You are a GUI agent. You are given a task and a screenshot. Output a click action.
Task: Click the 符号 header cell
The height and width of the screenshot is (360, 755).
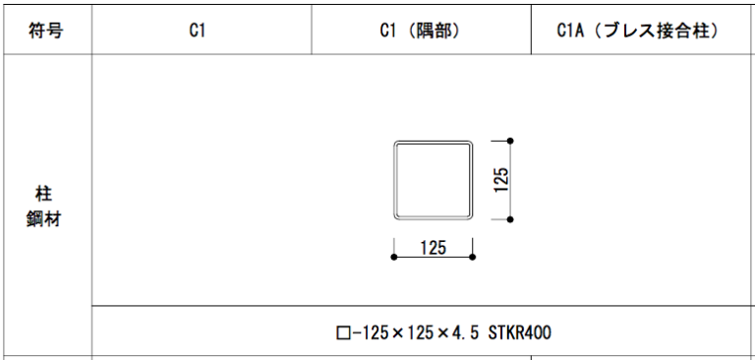coord(45,30)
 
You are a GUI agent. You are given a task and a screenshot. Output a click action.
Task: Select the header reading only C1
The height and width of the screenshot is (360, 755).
coord(198,30)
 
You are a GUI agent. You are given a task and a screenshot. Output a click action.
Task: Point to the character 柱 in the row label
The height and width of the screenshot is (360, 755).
coord(44,195)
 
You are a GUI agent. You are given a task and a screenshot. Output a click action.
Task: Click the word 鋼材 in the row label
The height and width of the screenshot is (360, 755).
coord(44,219)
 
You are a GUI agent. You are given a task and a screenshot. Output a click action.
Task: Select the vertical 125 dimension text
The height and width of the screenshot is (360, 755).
coord(501,180)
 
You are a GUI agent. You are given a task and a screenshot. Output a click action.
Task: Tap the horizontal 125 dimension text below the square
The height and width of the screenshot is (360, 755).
coord(434,247)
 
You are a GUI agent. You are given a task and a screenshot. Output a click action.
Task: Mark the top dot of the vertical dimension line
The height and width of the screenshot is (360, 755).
coord(510,141)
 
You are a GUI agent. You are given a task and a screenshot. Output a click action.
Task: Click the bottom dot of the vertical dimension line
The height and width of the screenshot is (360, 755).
coord(510,219)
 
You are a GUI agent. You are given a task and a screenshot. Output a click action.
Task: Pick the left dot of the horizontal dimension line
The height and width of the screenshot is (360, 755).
coord(394,257)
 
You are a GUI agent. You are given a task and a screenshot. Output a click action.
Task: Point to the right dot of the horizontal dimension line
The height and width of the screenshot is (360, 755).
coord(472,257)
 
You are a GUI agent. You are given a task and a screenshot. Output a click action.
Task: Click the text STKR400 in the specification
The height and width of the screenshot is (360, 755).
coord(520,332)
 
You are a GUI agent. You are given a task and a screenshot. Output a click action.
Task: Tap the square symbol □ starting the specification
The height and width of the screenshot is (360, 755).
coord(342,333)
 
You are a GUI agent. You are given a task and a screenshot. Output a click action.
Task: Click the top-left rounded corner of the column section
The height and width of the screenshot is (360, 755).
coord(397,144)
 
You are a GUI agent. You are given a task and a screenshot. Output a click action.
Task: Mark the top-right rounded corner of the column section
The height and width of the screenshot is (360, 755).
coord(470,144)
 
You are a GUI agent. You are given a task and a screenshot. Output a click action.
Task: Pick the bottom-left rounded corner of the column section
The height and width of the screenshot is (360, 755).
coord(397,217)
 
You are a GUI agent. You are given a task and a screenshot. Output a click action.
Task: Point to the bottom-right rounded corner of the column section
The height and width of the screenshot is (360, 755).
coord(470,217)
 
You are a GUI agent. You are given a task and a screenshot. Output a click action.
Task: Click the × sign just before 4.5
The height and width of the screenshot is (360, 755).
coord(444,333)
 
